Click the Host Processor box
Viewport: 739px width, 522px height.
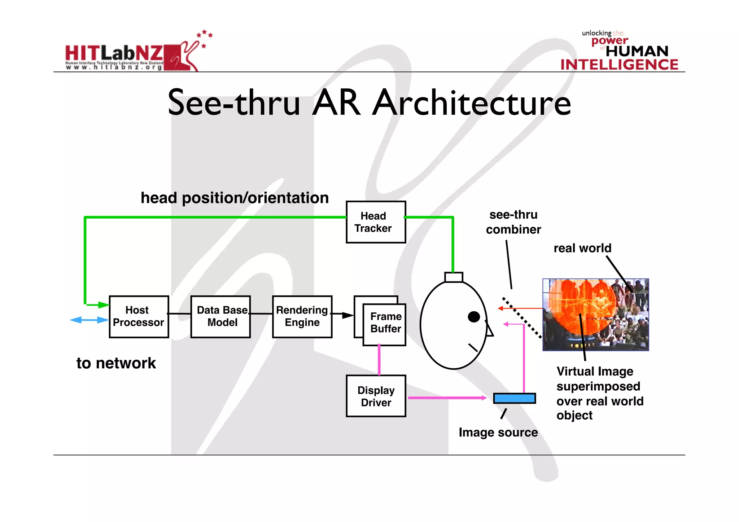(x=139, y=317)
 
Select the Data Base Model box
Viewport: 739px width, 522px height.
(x=220, y=317)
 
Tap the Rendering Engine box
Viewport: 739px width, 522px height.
(x=302, y=317)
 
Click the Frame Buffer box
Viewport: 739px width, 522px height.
(x=384, y=324)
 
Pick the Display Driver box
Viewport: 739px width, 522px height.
(x=376, y=396)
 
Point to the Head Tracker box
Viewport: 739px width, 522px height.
(x=376, y=222)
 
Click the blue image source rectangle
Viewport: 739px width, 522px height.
(x=514, y=398)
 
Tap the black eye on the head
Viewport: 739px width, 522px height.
(x=474, y=317)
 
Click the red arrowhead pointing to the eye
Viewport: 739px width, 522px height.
(x=500, y=308)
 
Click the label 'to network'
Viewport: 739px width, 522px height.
(x=116, y=363)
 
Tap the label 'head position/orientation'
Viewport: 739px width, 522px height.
(x=235, y=198)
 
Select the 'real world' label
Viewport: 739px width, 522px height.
(x=582, y=248)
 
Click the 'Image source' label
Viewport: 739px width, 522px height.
(x=498, y=432)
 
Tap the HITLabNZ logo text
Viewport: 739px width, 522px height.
(x=114, y=53)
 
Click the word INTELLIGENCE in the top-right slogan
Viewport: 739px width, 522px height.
(x=619, y=65)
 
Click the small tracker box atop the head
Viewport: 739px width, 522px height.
(x=454, y=277)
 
